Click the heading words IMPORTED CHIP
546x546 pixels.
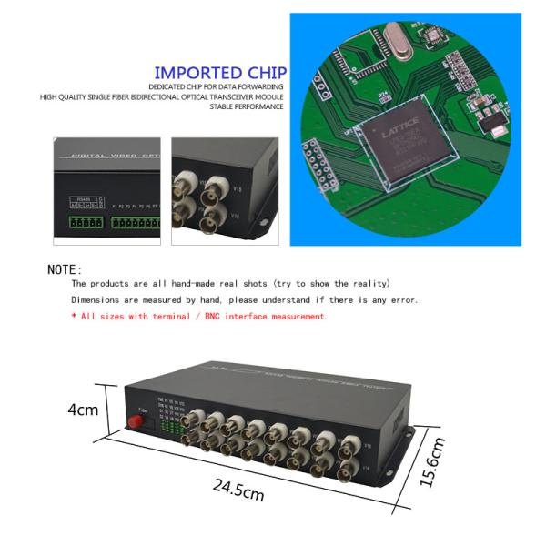coord(220,73)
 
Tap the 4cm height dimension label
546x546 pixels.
coord(83,409)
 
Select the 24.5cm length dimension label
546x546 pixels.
coord(238,492)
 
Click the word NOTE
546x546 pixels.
coord(65,269)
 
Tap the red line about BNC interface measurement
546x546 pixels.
coord(198,316)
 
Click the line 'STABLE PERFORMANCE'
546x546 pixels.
coord(247,106)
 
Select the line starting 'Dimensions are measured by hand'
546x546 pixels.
coord(245,299)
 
